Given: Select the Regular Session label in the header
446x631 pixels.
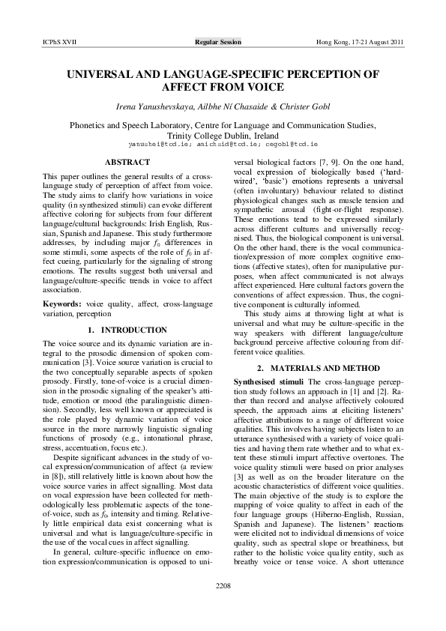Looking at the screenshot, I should [x=218, y=43].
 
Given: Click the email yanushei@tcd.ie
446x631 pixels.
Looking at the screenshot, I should [x=160, y=142].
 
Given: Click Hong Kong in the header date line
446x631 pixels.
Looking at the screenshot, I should [x=334, y=43].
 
